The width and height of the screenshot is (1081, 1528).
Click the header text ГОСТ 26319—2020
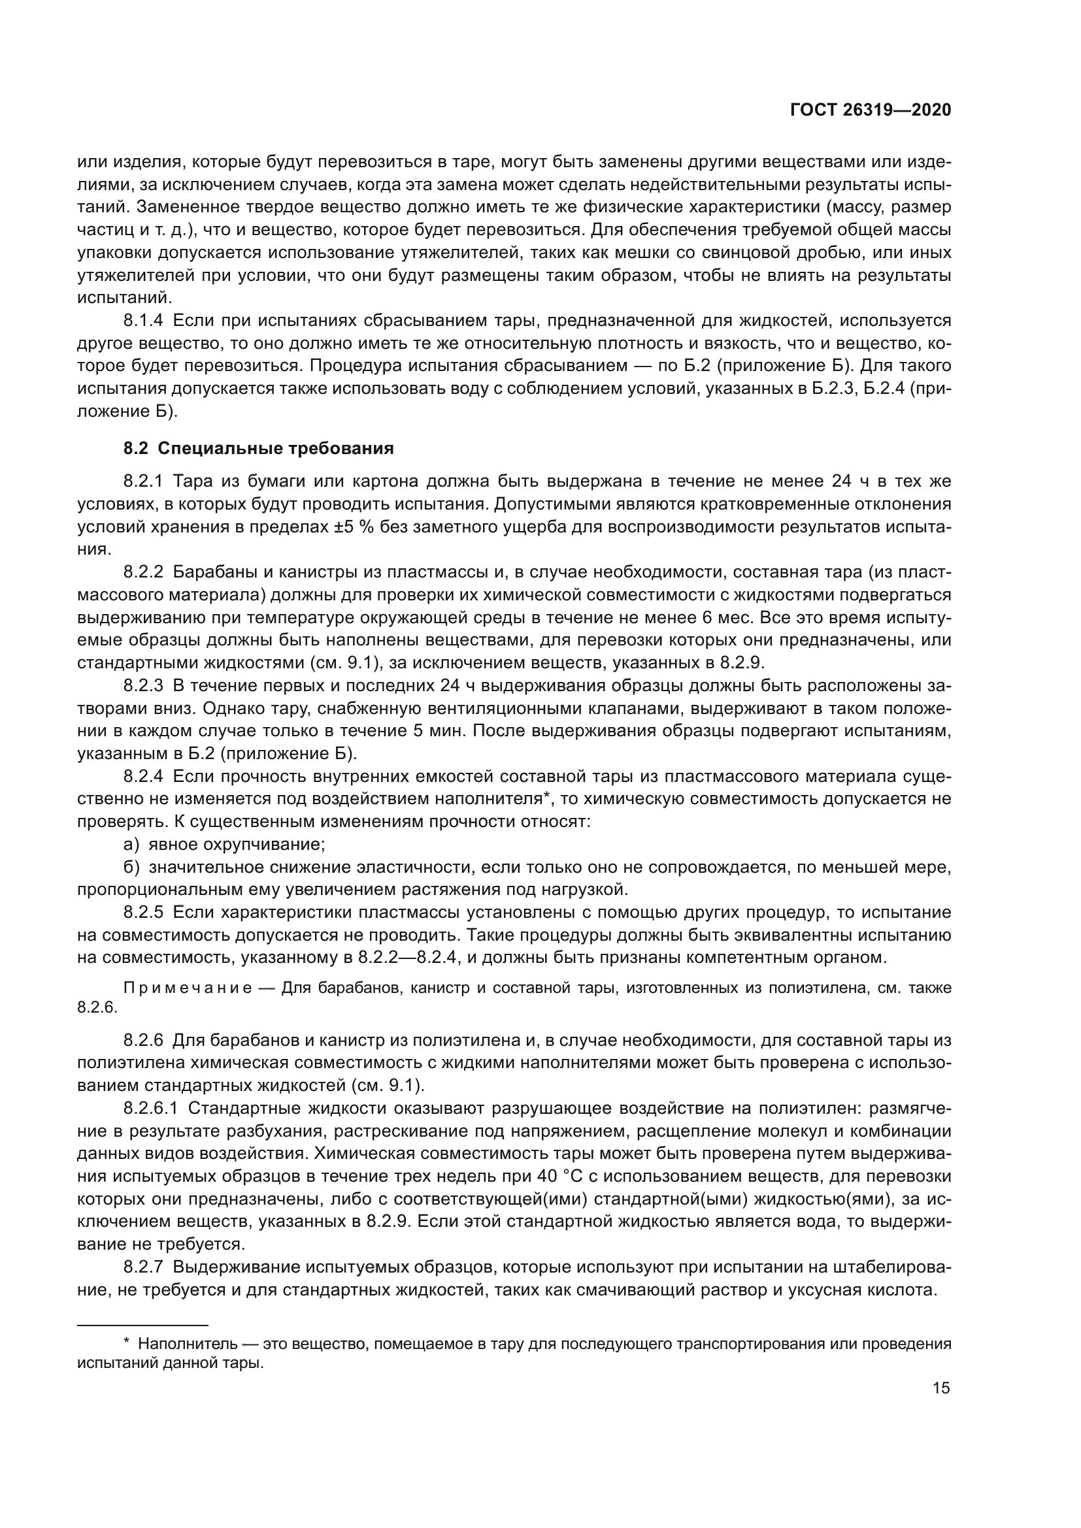pos(870,110)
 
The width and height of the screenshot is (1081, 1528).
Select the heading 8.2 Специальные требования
pos(258,448)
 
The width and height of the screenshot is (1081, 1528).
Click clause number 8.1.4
pos(143,321)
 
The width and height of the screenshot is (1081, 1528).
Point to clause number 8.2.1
pos(143,481)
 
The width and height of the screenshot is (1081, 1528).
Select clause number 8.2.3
pos(143,685)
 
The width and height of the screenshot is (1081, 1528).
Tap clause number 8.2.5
pos(143,912)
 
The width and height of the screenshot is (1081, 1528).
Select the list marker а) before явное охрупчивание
pos(131,845)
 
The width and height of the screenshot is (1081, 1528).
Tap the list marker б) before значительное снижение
pos(131,867)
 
